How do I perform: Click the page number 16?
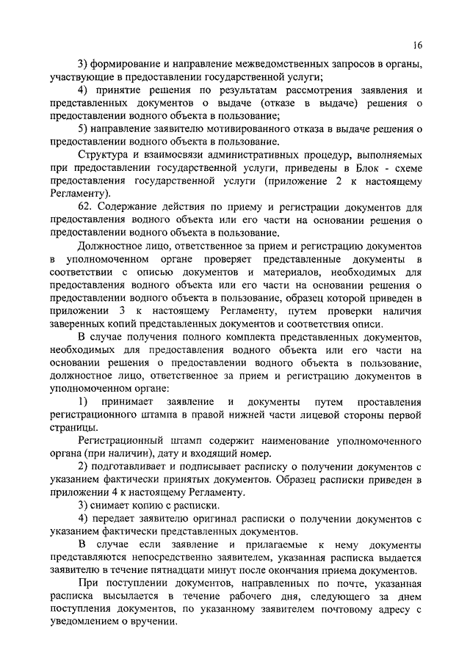pos(417,45)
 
